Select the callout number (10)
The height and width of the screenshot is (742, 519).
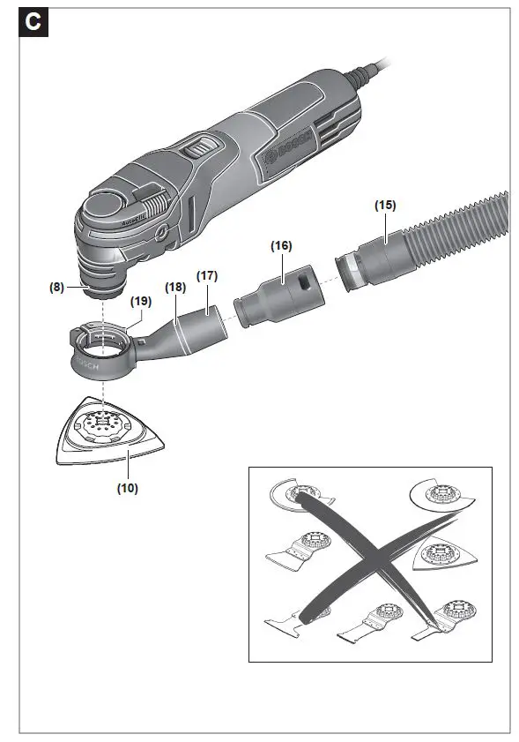[x=127, y=486]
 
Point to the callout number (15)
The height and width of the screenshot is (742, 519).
[x=385, y=205]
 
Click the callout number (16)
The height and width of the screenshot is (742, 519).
[x=281, y=245]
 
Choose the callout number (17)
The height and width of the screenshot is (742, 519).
[x=207, y=276]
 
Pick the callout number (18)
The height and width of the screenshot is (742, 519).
[x=176, y=287]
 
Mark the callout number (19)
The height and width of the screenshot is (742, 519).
[x=140, y=301]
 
